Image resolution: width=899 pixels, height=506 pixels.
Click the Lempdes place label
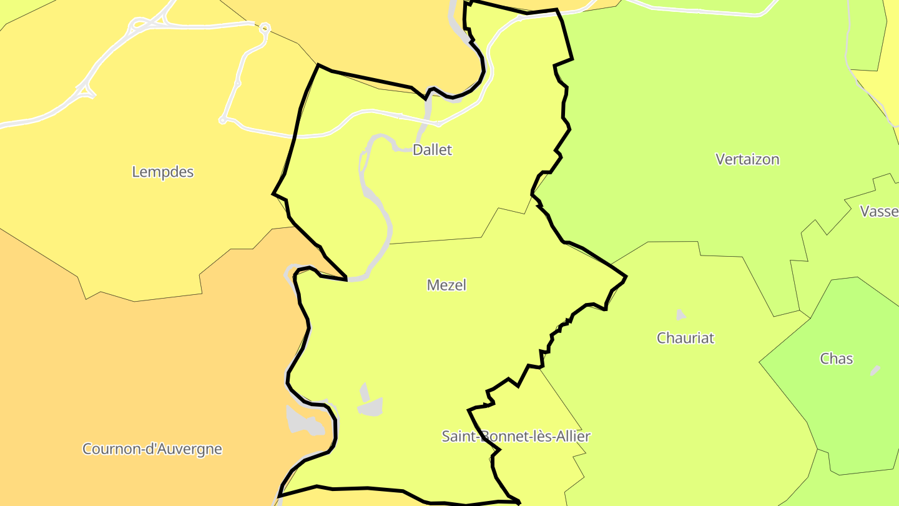(163, 172)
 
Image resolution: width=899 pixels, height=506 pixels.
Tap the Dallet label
(432, 150)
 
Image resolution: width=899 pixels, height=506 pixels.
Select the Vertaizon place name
(747, 159)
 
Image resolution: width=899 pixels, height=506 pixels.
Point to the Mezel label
(446, 285)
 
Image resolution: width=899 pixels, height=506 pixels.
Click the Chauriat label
(685, 338)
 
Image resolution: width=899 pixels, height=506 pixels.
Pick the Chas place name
(836, 359)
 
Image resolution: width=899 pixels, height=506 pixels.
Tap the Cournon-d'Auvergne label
(152, 449)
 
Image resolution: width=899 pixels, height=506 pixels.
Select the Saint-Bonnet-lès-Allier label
(516, 436)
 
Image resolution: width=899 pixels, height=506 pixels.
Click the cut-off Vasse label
(879, 211)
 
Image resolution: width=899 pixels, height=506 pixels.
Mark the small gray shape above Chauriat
(680, 315)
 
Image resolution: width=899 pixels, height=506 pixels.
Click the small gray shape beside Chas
(875, 370)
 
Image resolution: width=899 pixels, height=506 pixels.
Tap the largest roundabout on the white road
(265, 28)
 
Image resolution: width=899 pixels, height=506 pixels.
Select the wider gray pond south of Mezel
(371, 407)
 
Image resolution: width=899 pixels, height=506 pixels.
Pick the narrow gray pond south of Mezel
(364, 392)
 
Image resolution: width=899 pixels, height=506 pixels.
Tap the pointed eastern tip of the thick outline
(626, 277)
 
